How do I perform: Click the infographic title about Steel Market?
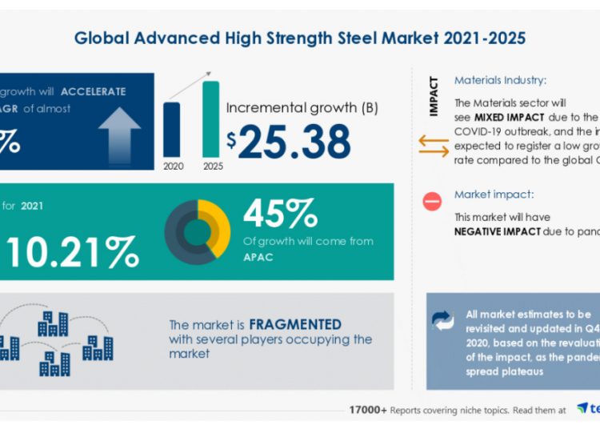(x=300, y=38)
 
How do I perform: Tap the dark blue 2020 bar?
(x=171, y=129)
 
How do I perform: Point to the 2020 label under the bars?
(x=172, y=166)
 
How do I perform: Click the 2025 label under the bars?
(x=213, y=166)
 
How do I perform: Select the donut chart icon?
(x=197, y=232)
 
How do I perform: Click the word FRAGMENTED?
(x=295, y=325)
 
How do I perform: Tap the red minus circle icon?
(x=433, y=202)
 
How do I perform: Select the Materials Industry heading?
(x=500, y=80)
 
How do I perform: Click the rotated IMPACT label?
(x=434, y=97)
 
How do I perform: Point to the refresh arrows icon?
(x=442, y=321)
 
